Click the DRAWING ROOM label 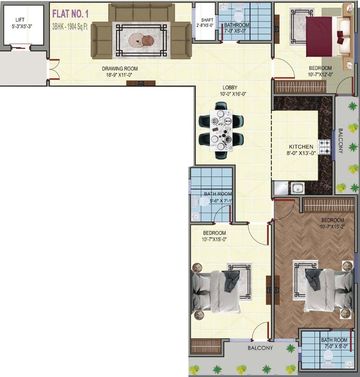pyautogui.click(x=120, y=69)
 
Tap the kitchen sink pyautogui.click(x=297, y=188)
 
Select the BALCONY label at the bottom pyautogui.click(x=260, y=348)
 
